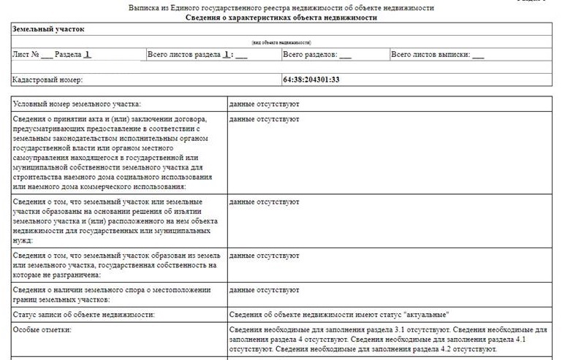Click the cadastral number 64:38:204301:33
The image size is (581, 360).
[x=311, y=79]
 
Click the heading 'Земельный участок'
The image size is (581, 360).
[x=48, y=29]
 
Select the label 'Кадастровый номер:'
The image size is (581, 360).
[x=48, y=79]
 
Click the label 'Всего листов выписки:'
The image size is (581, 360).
[x=430, y=55]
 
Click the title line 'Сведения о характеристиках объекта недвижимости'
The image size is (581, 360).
[x=281, y=17]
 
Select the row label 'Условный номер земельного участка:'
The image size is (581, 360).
[x=77, y=104]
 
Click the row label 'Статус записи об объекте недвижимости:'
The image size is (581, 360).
[x=84, y=315]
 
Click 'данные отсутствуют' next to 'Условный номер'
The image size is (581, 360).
[x=264, y=104]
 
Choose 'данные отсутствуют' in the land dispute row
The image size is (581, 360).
[x=264, y=290]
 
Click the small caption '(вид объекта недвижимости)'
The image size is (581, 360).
[x=281, y=42]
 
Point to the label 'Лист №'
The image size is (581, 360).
[x=26, y=55]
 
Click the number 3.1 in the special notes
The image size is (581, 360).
[x=400, y=329]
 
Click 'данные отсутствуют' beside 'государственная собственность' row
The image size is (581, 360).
[x=264, y=256]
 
